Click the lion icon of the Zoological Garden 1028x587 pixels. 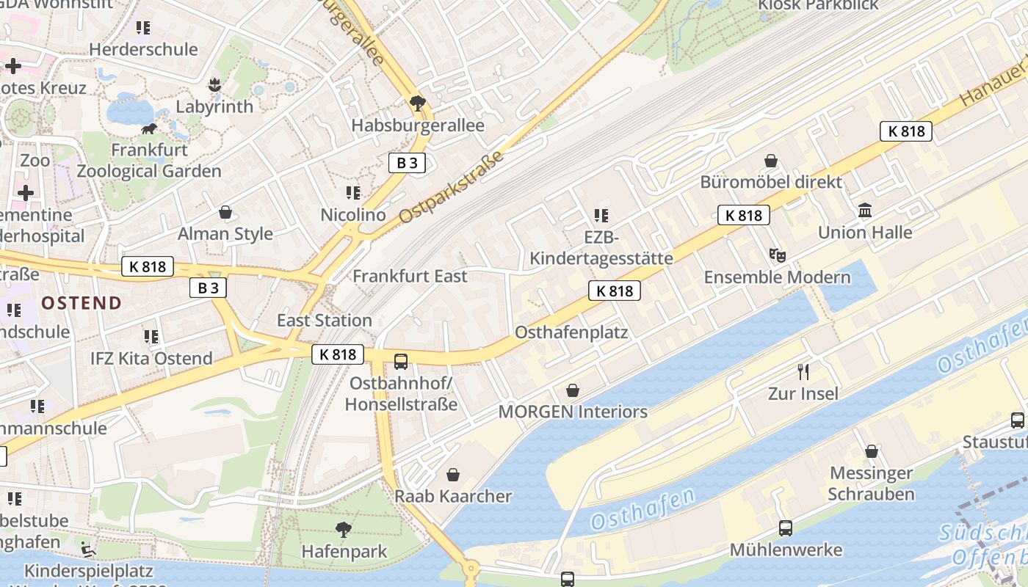coord(149,130)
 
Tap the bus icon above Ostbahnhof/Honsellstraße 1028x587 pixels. coord(401,361)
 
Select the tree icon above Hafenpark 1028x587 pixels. coord(343,529)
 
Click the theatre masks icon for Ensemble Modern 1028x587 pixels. coord(777,255)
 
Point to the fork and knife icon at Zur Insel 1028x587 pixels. coord(803,371)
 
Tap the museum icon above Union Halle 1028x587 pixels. coord(865,211)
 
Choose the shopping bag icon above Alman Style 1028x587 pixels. coord(225,212)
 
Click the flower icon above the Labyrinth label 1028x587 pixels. coord(214,85)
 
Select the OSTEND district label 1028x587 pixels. coord(82,302)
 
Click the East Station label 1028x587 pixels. coord(324,320)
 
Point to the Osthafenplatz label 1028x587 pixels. coord(571,332)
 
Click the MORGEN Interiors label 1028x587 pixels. coord(573,412)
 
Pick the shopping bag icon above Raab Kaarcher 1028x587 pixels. coord(453,475)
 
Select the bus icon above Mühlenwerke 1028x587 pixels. coord(785,528)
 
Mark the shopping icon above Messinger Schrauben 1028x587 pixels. coord(872,451)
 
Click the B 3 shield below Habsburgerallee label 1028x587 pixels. coord(407,163)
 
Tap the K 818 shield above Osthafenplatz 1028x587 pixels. coord(615,291)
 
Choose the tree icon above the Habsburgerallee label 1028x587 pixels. coord(418,103)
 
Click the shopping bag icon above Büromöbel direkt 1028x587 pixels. coord(771,160)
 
